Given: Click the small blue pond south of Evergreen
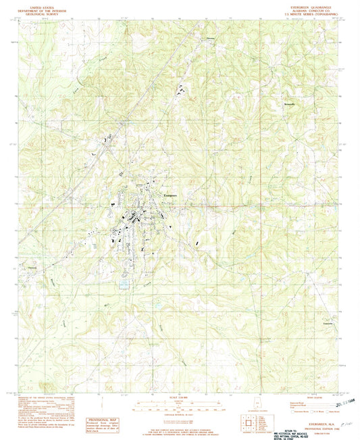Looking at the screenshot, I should click(x=123, y=285).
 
